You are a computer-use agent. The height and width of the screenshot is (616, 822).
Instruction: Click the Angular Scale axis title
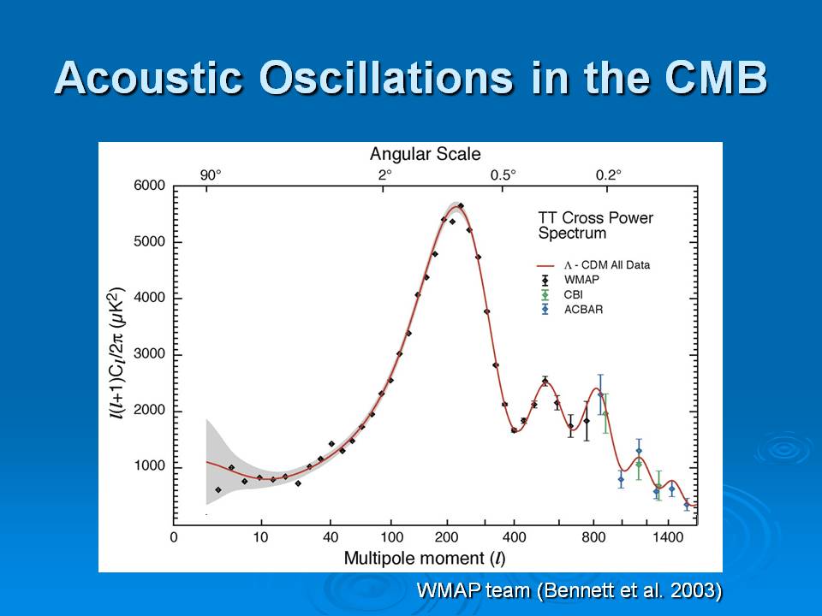426,154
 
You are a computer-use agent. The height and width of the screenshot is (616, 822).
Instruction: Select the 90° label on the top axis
211,175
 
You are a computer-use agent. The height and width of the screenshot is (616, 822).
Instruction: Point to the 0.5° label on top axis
503,175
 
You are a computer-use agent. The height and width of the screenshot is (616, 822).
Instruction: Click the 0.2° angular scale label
608,175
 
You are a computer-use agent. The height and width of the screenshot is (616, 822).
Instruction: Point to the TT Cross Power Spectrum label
595,225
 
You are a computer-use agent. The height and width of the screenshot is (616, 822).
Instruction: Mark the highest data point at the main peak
461,205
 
